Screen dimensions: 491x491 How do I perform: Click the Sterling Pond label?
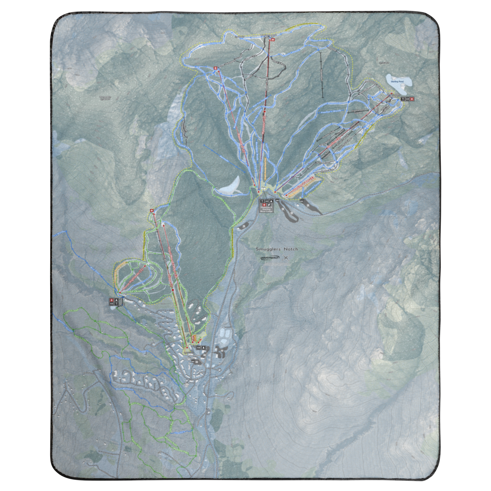point(399,81)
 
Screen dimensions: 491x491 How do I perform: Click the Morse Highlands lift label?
point(132,279)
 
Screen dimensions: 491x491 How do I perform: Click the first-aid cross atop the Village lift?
point(152,210)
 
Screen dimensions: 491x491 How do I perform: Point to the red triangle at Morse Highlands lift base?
point(120,293)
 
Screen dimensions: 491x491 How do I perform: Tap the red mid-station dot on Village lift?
point(173,290)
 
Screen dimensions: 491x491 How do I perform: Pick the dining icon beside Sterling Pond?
point(403,99)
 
